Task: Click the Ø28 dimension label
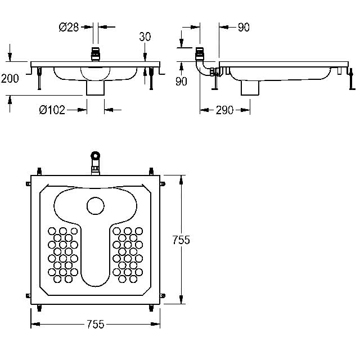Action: click(x=69, y=27)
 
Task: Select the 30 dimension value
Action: click(x=145, y=37)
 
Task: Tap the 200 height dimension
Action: click(x=10, y=79)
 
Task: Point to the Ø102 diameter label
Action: click(x=52, y=110)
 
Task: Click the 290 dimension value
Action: click(x=224, y=110)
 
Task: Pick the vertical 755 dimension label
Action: click(x=181, y=240)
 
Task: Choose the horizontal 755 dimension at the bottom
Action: click(x=96, y=324)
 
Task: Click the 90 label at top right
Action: click(x=244, y=28)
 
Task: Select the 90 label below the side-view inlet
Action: click(x=181, y=81)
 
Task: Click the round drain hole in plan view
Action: click(x=96, y=206)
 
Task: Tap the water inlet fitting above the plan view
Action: click(x=96, y=163)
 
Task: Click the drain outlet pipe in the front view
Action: click(x=95, y=88)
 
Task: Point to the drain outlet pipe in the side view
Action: click(x=250, y=88)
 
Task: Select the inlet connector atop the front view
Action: click(x=96, y=54)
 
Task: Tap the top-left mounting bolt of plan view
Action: click(x=39, y=171)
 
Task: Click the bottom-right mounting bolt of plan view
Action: click(x=151, y=308)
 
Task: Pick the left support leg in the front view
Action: click(x=39, y=78)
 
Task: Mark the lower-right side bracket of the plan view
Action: click(x=163, y=295)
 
